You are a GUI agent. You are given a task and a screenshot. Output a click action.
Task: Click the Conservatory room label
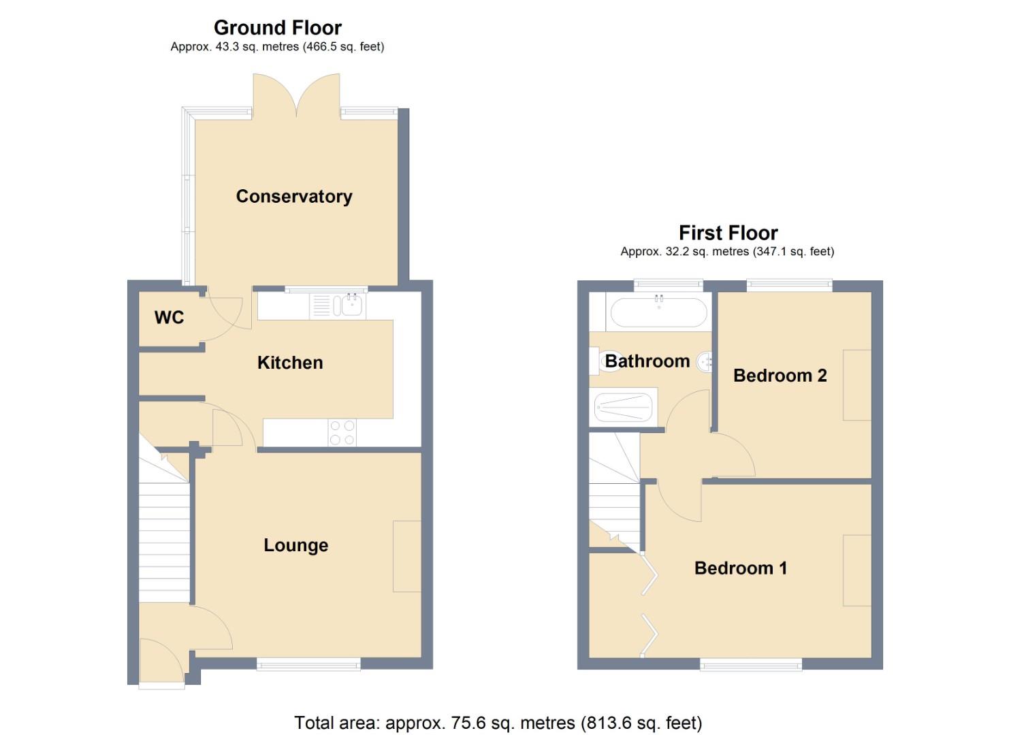(x=294, y=197)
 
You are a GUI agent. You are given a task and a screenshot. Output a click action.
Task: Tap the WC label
(x=169, y=318)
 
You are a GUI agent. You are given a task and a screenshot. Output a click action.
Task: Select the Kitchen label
(x=290, y=363)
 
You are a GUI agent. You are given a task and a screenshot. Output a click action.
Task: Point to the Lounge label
(x=295, y=545)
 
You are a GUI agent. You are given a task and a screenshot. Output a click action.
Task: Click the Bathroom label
(x=647, y=361)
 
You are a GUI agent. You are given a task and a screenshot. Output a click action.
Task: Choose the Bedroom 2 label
(x=780, y=376)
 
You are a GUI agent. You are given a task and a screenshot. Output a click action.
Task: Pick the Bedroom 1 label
(x=740, y=568)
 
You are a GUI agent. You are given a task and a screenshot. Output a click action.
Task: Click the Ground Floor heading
(x=277, y=28)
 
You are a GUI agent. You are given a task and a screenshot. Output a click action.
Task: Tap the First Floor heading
(x=728, y=233)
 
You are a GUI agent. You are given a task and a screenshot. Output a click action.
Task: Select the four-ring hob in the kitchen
(x=342, y=433)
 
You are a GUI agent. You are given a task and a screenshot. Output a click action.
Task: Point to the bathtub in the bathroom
(x=658, y=313)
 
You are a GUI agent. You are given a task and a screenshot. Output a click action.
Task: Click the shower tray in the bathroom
(x=624, y=407)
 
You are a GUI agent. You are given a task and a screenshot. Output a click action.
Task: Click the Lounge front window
(x=308, y=664)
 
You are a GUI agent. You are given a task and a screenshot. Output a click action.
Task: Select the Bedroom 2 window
(x=789, y=285)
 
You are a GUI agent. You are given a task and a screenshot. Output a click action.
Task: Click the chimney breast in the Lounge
(x=406, y=556)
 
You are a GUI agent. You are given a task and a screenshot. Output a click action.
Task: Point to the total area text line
(x=498, y=723)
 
